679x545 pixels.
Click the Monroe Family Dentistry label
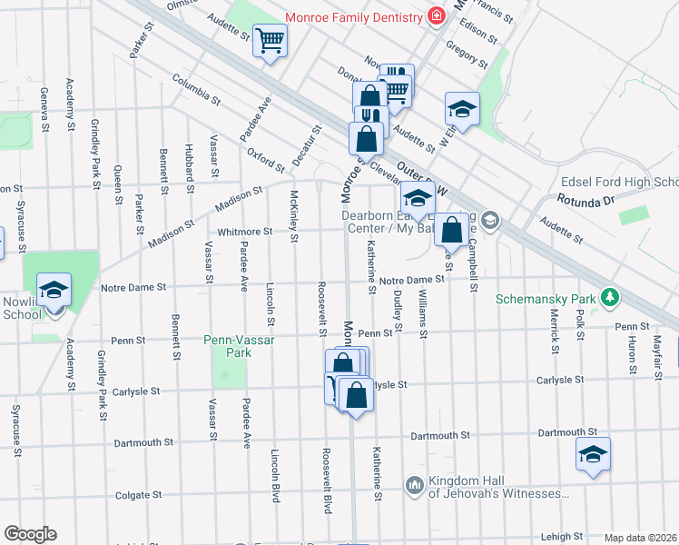tap(354, 17)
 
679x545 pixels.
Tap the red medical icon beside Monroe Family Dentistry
tap(437, 17)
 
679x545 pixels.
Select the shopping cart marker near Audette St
tap(269, 40)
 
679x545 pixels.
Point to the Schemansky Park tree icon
tap(612, 298)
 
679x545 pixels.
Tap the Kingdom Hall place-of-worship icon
tap(416, 486)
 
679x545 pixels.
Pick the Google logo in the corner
tap(30, 534)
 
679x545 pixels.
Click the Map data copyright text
tap(641, 538)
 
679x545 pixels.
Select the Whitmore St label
tap(244, 232)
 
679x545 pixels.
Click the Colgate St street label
tap(138, 496)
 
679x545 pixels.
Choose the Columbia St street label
tap(197, 88)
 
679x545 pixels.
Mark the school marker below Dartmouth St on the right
tap(592, 454)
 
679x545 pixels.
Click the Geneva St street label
tap(44, 108)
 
